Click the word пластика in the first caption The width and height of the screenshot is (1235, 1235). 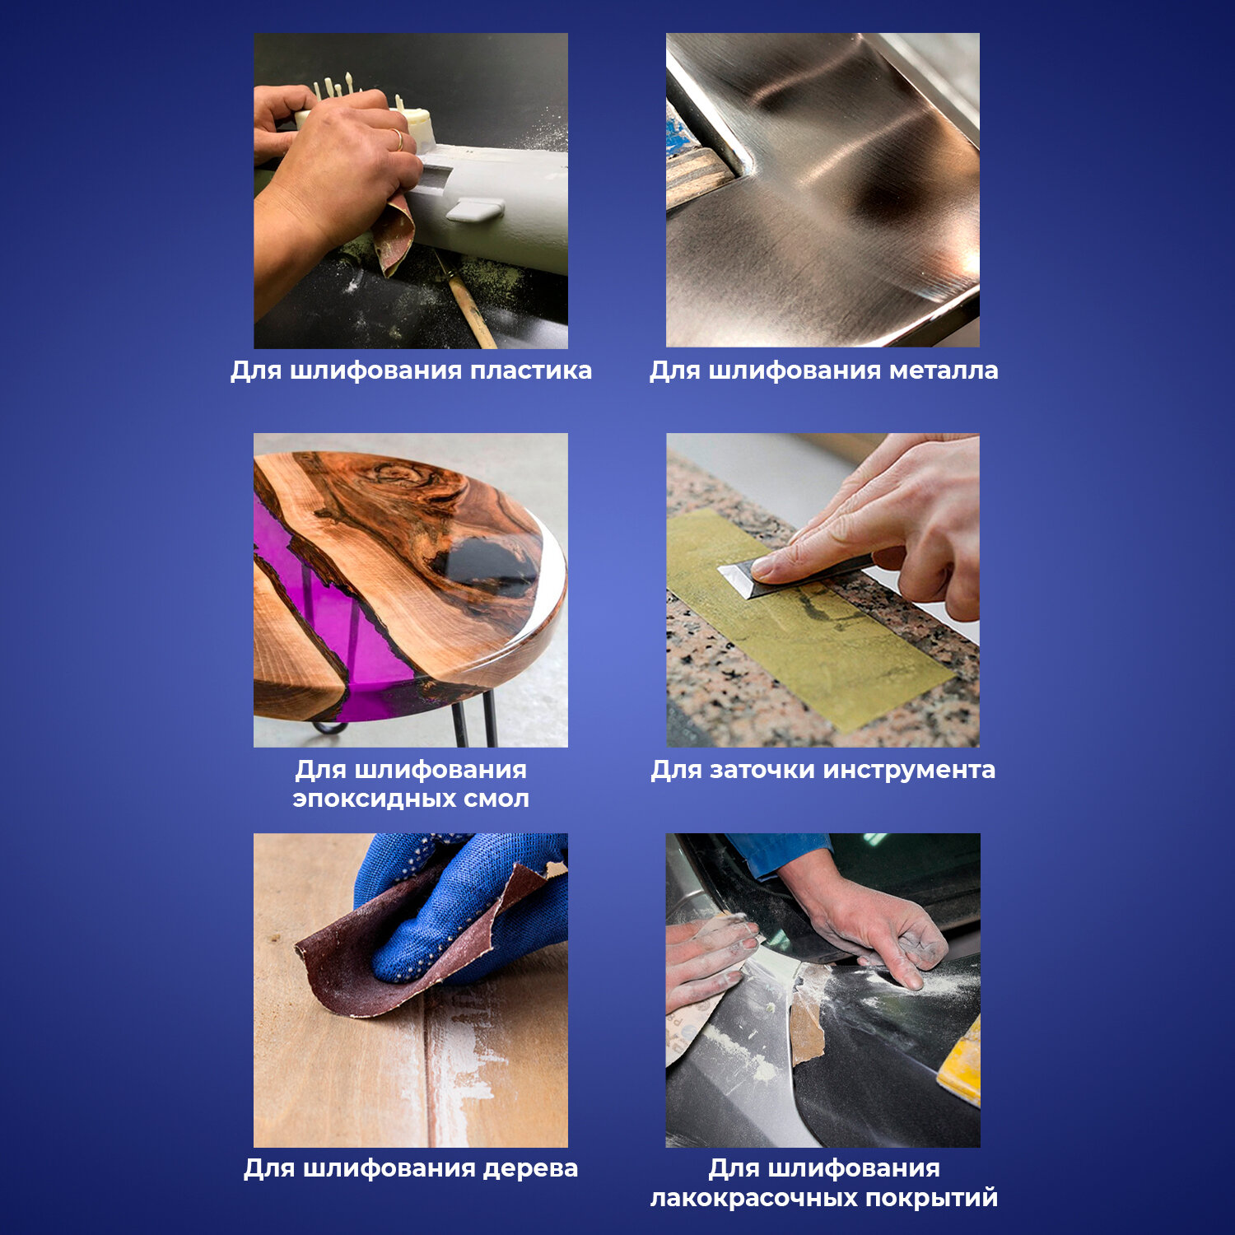[x=531, y=370]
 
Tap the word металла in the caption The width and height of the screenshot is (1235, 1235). [x=944, y=370]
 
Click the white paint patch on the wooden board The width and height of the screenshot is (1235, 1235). [x=461, y=1062]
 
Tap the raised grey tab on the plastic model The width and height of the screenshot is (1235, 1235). [x=475, y=211]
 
